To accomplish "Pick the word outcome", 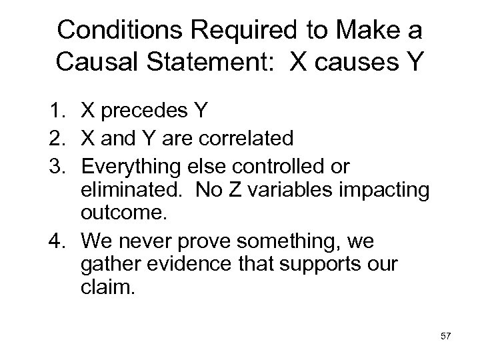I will pyautogui.click(x=117, y=213).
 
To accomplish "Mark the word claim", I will pyautogui.click(x=104, y=287).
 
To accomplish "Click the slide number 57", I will pyautogui.click(x=445, y=337).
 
